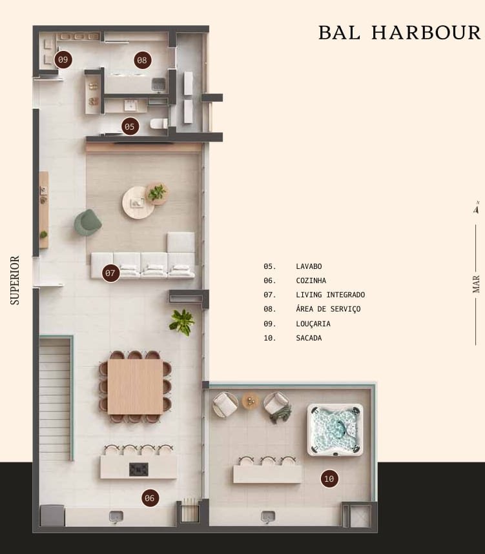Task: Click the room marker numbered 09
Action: click(x=63, y=60)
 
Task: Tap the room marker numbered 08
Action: click(x=142, y=60)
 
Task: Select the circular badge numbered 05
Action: click(x=130, y=126)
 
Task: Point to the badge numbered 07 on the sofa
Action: click(x=110, y=273)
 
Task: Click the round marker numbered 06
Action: click(x=150, y=498)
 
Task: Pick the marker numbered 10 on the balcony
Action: click(x=329, y=479)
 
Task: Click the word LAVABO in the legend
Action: click(x=309, y=266)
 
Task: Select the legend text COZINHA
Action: click(x=311, y=281)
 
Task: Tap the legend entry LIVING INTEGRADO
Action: click(x=331, y=295)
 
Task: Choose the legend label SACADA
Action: click(x=309, y=338)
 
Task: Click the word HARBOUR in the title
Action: click(x=426, y=32)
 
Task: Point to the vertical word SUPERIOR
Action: click(x=15, y=281)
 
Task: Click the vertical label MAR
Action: click(x=476, y=284)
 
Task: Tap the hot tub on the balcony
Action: click(x=335, y=430)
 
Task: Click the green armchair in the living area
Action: click(x=87, y=223)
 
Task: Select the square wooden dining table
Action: click(x=135, y=386)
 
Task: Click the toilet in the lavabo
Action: click(x=159, y=124)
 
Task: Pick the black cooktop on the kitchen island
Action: click(x=139, y=470)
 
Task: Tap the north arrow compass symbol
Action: click(x=476, y=208)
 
